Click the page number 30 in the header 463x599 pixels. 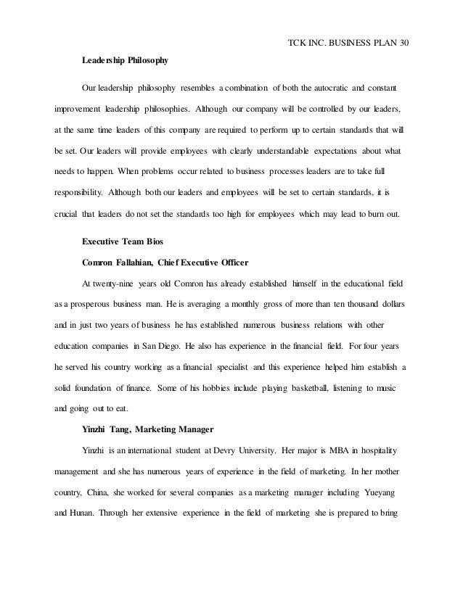[406, 42]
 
